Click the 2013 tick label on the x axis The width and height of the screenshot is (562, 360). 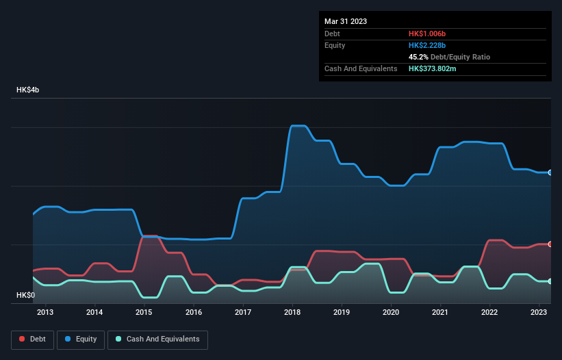click(45, 312)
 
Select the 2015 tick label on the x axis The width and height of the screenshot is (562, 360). click(144, 312)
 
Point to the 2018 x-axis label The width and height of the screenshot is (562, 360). click(292, 312)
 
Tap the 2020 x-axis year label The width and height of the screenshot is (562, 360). click(391, 312)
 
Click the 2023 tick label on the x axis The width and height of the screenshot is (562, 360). click(539, 312)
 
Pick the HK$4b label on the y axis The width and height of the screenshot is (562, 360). click(28, 90)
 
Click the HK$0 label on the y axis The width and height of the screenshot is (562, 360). click(25, 295)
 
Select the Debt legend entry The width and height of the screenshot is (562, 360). click(31, 339)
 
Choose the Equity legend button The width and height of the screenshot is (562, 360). click(80, 339)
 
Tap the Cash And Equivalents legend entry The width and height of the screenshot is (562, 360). click(157, 339)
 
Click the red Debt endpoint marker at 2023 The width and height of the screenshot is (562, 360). click(550, 244)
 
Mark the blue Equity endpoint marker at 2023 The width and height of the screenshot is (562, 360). click(550, 172)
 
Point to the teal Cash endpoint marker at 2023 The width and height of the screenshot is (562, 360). click(550, 281)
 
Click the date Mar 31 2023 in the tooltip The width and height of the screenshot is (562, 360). click(346, 21)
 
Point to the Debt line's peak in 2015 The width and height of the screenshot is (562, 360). click(149, 236)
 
